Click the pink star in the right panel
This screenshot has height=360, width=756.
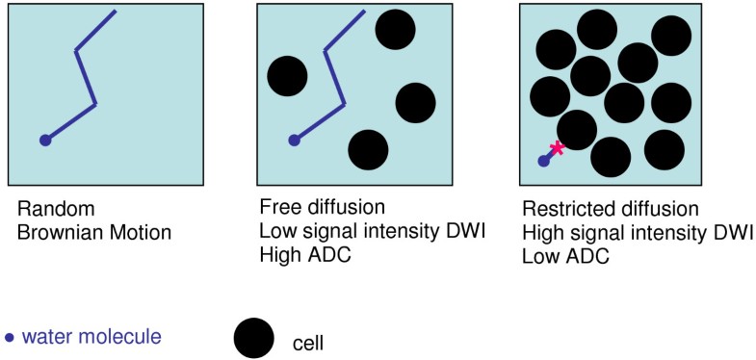[556, 148]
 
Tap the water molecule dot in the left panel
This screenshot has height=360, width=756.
[45, 141]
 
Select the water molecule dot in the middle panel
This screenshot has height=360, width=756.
[295, 141]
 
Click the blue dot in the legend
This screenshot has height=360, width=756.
[10, 337]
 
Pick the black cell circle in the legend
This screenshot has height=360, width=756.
[254, 338]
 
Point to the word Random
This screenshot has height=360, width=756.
[44, 209]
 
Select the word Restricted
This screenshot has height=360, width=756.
[560, 209]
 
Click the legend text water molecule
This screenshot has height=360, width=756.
[91, 337]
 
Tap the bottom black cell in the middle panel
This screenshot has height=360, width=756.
[368, 150]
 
